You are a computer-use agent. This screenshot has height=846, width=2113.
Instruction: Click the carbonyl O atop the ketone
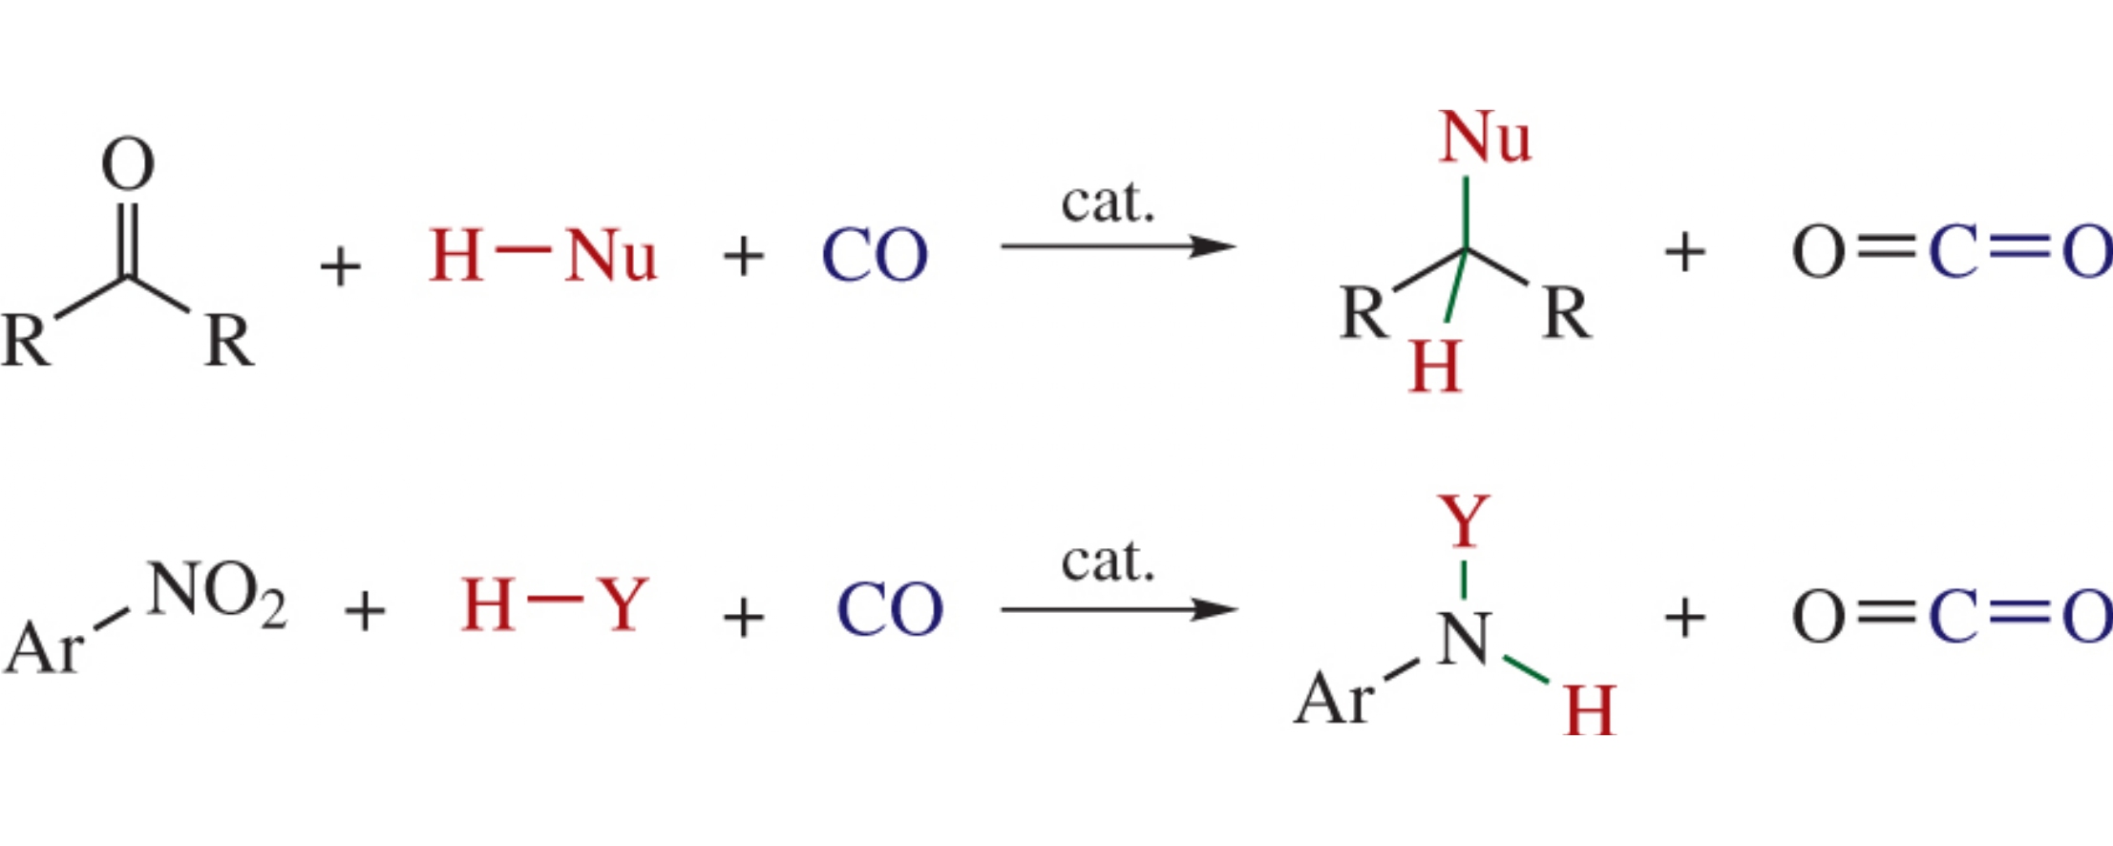tap(128, 164)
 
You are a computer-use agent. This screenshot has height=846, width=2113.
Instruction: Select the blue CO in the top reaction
tap(875, 256)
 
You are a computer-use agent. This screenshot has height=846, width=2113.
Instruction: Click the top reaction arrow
tap(1117, 246)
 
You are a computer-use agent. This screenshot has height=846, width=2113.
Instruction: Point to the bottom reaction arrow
tap(1117, 609)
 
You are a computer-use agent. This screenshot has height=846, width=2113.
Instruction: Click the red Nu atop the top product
tap(1485, 138)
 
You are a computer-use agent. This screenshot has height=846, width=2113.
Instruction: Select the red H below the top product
tap(1435, 367)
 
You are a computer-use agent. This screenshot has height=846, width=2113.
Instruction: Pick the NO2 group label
tap(216, 592)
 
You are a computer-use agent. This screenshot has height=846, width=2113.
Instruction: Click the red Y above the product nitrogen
tap(1464, 521)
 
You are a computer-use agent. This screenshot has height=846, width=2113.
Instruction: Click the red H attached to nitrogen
tap(1590, 710)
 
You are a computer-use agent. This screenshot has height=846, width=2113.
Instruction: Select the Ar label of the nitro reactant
tap(43, 649)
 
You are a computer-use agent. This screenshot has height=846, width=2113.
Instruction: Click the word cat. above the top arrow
tap(1109, 202)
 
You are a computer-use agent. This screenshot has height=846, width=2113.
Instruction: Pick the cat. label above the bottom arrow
tap(1109, 561)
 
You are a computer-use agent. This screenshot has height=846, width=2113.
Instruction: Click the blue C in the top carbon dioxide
tap(1954, 253)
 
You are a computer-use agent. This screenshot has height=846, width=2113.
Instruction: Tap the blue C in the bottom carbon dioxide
tap(1954, 616)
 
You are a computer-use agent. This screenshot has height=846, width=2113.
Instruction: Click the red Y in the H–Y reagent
tap(623, 604)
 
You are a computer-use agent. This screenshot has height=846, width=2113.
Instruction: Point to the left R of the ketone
tap(26, 340)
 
